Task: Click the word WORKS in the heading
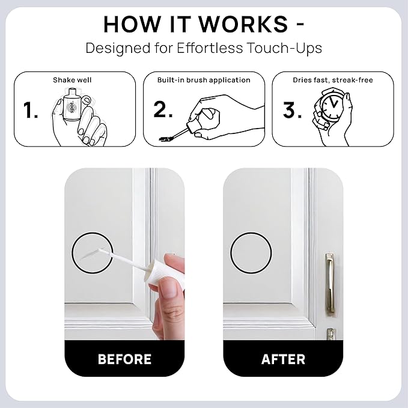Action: coord(243,24)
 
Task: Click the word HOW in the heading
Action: coord(131,24)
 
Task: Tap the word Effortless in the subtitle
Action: coord(210,48)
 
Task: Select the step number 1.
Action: coord(30,110)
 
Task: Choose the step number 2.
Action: coord(163,109)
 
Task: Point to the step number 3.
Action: coord(292,110)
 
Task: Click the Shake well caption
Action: coord(72,80)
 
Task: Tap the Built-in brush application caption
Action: coord(204,80)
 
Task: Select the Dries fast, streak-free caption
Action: coord(333,80)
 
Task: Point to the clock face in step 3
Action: coord(331,106)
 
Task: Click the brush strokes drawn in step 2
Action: coord(166,139)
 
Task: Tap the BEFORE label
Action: coord(124,359)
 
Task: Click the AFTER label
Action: coord(283,359)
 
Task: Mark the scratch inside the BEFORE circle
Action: coord(90,255)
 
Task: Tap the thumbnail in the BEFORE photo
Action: coord(169,288)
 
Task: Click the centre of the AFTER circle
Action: coord(251,253)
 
